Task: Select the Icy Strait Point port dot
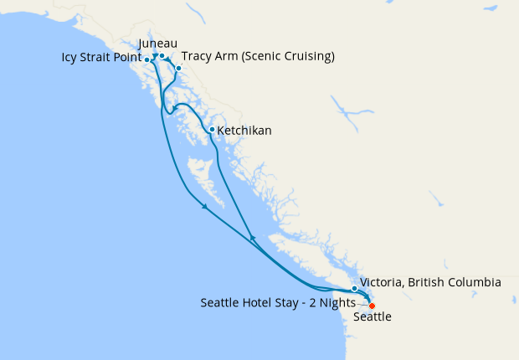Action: point(147,60)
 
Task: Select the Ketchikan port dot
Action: point(212,130)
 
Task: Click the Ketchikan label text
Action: point(244,131)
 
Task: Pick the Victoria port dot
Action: point(354,289)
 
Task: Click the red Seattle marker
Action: point(372,306)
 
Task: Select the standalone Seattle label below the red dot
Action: point(372,318)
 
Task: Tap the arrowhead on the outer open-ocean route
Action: point(204,208)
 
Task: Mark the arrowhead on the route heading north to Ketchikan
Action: point(253,239)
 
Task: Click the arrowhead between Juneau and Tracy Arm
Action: point(171,61)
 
